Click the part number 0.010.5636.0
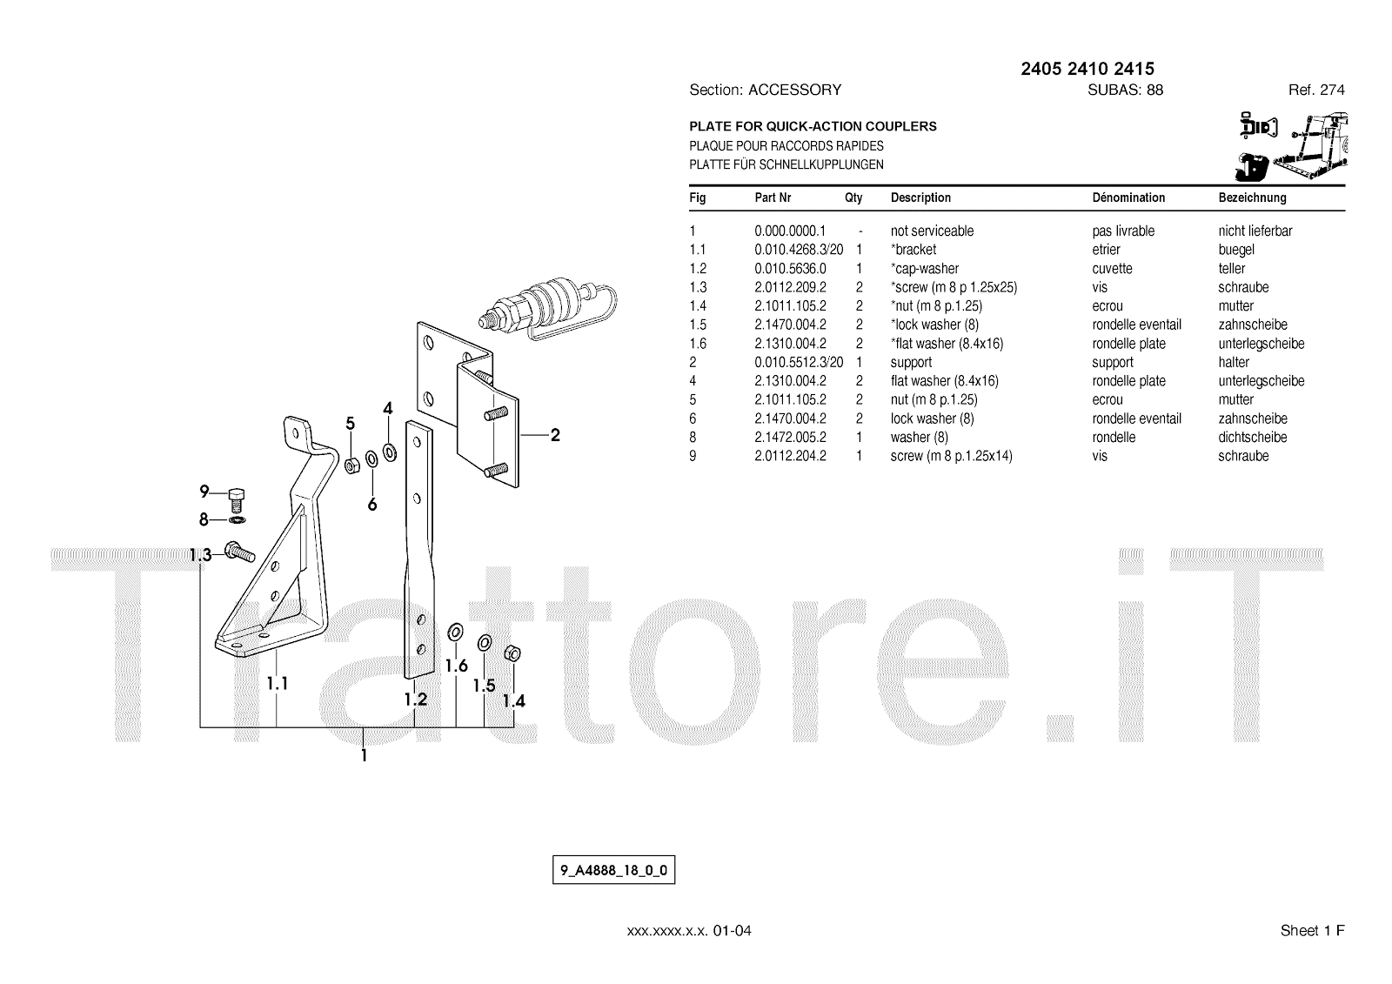coord(790,269)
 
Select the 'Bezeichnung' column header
coord(1252,197)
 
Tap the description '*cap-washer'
coord(924,269)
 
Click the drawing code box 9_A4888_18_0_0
coord(613,870)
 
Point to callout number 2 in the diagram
coord(555,436)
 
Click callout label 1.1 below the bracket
coord(278,684)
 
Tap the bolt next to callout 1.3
coord(238,550)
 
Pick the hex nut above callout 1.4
coord(512,653)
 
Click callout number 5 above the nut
coord(350,424)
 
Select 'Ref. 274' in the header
coord(1316,90)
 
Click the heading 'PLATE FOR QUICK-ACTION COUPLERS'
coord(813,126)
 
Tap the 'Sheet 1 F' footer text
coord(1312,931)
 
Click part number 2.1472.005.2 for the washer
coord(790,438)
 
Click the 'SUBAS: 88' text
coord(1125,90)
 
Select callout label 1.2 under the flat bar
coord(415,699)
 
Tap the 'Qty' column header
coord(853,197)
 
